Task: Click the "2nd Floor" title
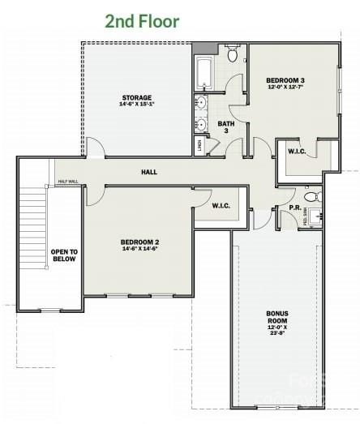click(143, 21)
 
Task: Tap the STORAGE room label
click(136, 98)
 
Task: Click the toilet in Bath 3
click(232, 55)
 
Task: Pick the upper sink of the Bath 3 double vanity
click(200, 104)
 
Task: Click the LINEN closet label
click(199, 146)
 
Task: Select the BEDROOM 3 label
click(285, 80)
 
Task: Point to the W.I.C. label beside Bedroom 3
click(297, 152)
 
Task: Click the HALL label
click(149, 173)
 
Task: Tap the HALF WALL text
click(67, 182)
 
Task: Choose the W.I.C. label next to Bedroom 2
click(221, 206)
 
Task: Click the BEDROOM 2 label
click(139, 242)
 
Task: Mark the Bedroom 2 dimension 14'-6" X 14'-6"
click(139, 249)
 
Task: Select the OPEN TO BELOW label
click(62, 255)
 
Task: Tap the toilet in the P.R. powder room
click(310, 197)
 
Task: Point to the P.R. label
click(295, 208)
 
